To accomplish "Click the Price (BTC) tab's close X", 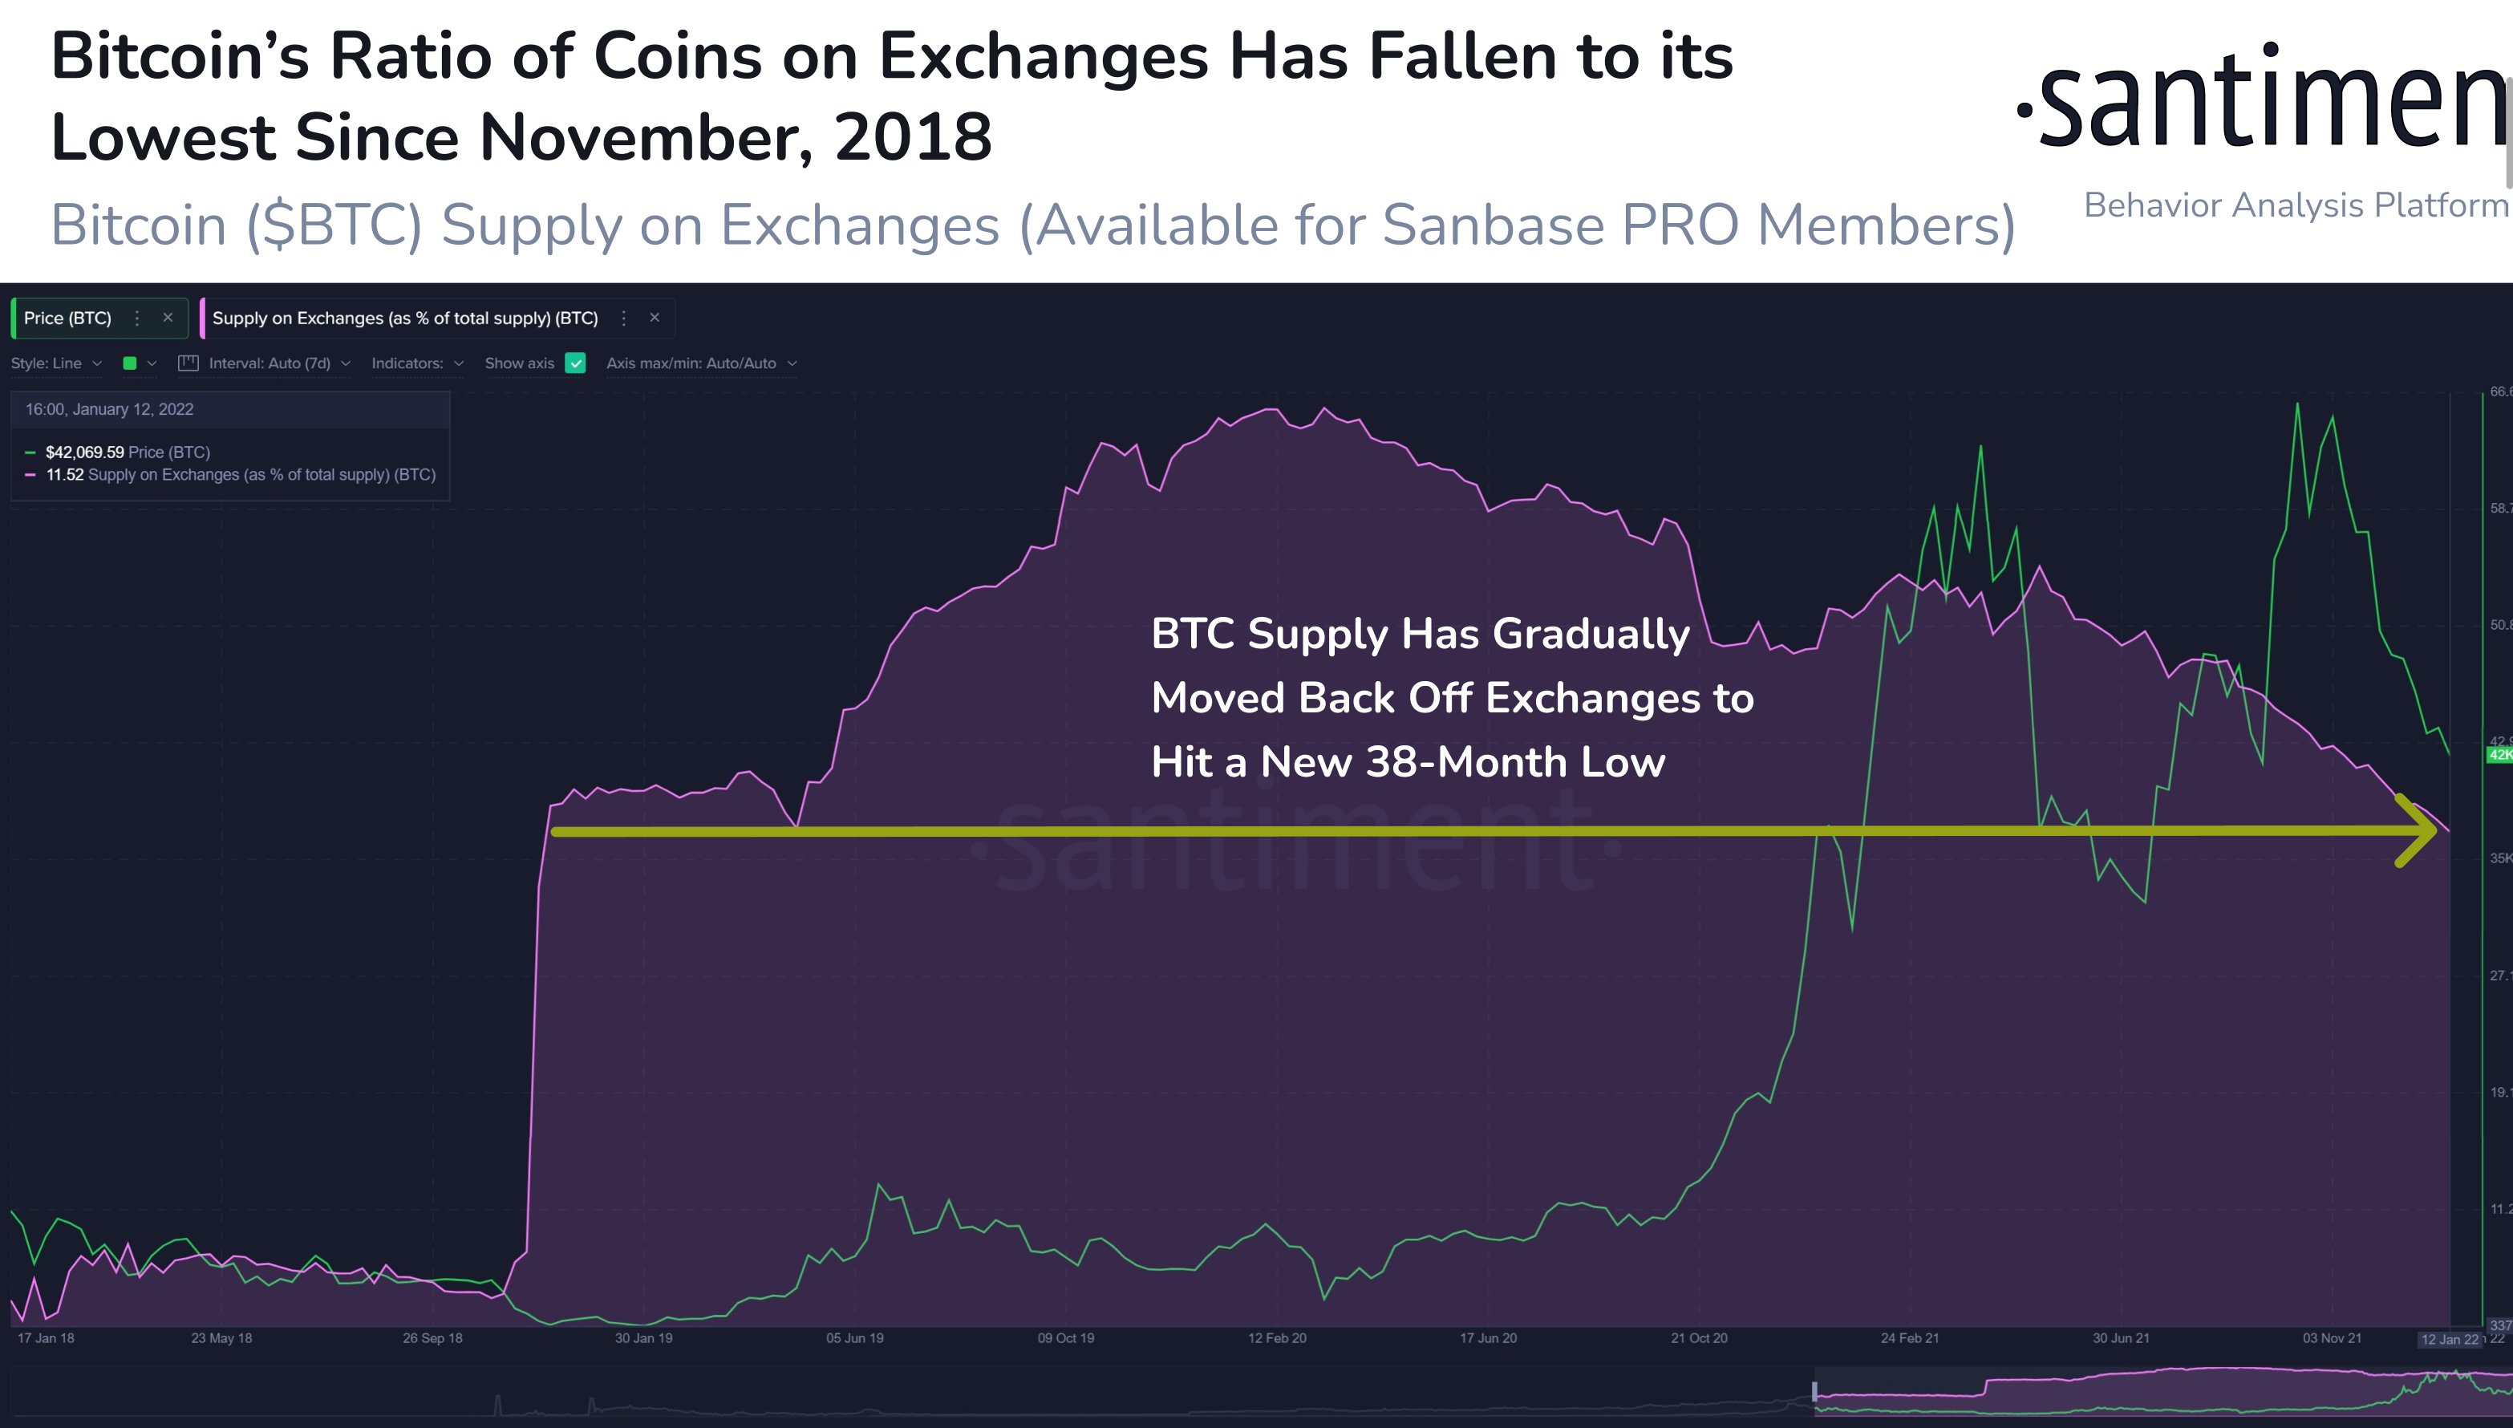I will tap(168, 318).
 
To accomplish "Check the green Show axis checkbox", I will tap(576, 363).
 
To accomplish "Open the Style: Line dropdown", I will tap(56, 363).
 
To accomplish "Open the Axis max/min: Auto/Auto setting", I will tap(700, 363).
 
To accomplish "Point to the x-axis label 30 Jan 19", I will tap(643, 1338).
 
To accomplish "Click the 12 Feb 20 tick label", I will tap(1277, 1338).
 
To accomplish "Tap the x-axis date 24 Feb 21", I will tap(1909, 1338).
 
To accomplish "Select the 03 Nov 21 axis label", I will tap(2332, 1338).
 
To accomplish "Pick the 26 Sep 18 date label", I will tap(432, 1338).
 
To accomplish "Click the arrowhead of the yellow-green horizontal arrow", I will tap(2421, 830).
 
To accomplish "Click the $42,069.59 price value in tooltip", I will tap(84, 452).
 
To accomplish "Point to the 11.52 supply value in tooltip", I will tap(65, 475).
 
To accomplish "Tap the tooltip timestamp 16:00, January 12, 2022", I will tap(109, 409).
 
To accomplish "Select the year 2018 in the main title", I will tap(912, 137).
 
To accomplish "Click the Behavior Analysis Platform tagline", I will tap(2294, 205).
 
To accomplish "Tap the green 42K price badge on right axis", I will tap(2499, 754).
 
